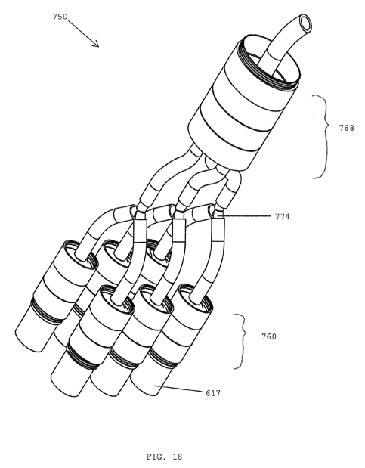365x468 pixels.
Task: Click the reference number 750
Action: pos(60,17)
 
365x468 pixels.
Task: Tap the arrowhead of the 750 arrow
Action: pos(96,45)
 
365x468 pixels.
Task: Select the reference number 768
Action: pos(346,128)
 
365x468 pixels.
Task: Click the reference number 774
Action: pos(282,216)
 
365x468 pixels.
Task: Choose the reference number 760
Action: pos(269,336)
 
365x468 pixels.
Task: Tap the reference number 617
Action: pos(213,393)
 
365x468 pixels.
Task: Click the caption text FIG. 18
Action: pos(164,457)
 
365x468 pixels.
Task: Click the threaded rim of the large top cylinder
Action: pos(268,61)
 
